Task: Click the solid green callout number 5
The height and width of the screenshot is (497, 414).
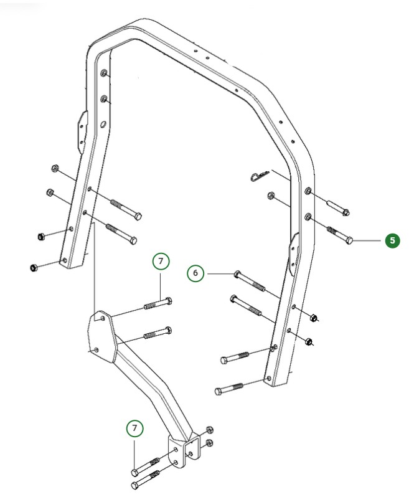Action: coord(392,240)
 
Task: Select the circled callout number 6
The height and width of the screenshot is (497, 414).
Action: coord(195,273)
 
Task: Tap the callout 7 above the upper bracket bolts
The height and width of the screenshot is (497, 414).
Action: coord(161,262)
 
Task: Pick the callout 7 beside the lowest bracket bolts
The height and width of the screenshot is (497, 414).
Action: coord(134,428)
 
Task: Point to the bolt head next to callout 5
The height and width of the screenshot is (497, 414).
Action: coord(349,240)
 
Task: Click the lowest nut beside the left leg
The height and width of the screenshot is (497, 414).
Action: coord(33,267)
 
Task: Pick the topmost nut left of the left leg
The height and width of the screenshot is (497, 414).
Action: coord(55,169)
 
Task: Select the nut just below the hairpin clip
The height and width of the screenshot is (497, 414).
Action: coord(271,196)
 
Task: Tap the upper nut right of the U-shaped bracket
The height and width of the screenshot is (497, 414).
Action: coord(209,430)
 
